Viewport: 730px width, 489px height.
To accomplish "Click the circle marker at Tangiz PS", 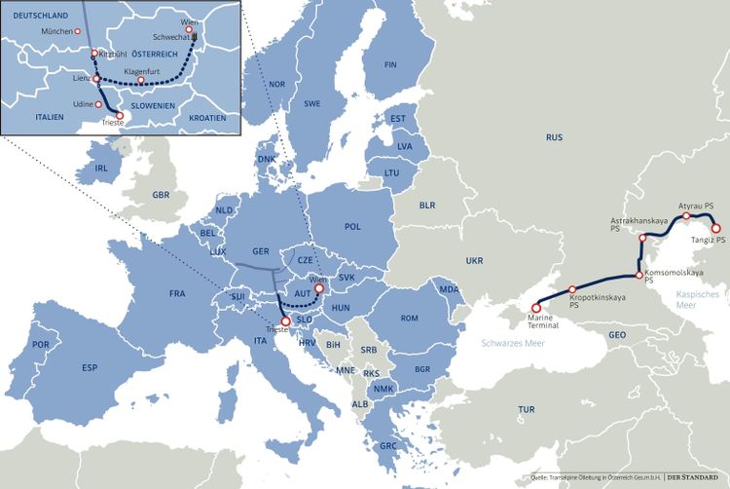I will [x=717, y=229].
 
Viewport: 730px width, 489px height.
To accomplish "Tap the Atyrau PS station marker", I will [x=685, y=217].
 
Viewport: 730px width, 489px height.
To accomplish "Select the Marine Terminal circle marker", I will [x=536, y=308].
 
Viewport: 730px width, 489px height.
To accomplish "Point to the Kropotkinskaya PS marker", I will [x=569, y=289].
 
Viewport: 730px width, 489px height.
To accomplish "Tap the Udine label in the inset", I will [x=83, y=103].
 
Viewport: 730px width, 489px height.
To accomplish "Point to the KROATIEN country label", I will [x=206, y=118].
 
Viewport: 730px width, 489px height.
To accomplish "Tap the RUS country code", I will [x=554, y=138].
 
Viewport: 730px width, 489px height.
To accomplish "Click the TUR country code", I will [x=527, y=410].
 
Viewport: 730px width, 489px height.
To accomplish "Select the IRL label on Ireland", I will [x=101, y=168].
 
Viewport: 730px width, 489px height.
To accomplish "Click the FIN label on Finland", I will [x=390, y=65].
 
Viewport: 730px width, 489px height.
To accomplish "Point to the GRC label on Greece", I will [x=388, y=445].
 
